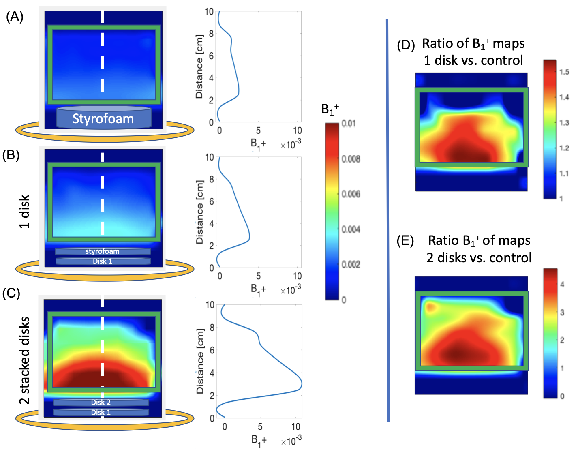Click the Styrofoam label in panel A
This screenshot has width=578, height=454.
tap(103, 119)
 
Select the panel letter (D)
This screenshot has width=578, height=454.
tap(406, 45)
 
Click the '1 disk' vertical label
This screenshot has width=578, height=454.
tap(24, 212)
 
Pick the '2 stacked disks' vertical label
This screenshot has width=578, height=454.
tap(24, 360)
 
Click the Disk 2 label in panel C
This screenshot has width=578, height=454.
tap(101, 402)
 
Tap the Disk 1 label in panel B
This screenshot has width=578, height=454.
tap(102, 261)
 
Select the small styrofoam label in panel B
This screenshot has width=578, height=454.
tap(102, 251)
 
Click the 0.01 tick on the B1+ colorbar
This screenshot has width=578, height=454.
tap(349, 124)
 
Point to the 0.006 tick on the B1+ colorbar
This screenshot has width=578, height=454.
tap(351, 194)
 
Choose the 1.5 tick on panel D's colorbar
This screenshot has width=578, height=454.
tap(564, 72)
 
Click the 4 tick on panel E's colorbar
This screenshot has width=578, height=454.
tap(562, 284)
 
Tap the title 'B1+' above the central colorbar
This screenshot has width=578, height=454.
tap(330, 109)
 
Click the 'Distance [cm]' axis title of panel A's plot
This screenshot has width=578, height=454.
tap(199, 67)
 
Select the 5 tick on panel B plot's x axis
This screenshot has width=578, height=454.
tap(258, 276)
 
